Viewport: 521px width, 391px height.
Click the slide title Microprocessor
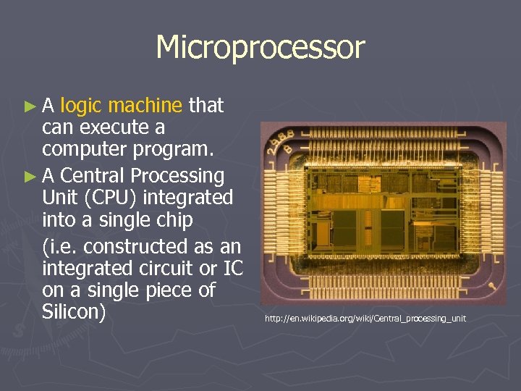260,48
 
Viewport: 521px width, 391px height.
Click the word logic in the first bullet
82,106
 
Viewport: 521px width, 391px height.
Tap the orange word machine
146,106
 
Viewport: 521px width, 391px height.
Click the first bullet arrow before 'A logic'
30,106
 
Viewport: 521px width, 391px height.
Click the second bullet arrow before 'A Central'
30,176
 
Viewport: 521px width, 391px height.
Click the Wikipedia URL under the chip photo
365,319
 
